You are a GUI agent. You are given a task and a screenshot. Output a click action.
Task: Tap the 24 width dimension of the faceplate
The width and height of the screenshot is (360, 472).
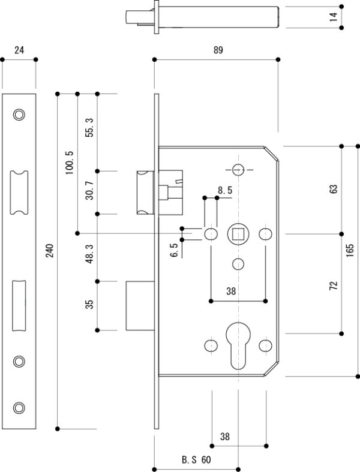tap(19, 51)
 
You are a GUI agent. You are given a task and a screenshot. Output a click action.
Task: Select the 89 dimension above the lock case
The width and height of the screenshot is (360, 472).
tap(217, 51)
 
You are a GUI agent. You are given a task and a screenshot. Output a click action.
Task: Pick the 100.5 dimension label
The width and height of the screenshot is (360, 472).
tap(69, 162)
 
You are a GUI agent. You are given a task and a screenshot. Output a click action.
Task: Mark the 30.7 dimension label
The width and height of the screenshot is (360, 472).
tap(89, 193)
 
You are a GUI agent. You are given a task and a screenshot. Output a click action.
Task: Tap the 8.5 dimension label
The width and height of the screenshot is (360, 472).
tap(225, 190)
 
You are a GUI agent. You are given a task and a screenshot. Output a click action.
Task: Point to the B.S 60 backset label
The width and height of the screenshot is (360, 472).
tap(196, 461)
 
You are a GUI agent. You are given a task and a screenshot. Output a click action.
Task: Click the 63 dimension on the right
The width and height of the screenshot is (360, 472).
tap(334, 189)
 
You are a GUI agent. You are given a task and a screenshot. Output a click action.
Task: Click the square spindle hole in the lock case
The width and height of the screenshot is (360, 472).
tap(238, 233)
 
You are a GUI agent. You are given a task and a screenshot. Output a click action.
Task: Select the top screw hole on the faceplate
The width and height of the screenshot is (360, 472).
tap(19, 114)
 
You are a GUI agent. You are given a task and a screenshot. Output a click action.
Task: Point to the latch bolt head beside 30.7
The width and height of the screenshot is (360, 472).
tap(145, 192)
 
